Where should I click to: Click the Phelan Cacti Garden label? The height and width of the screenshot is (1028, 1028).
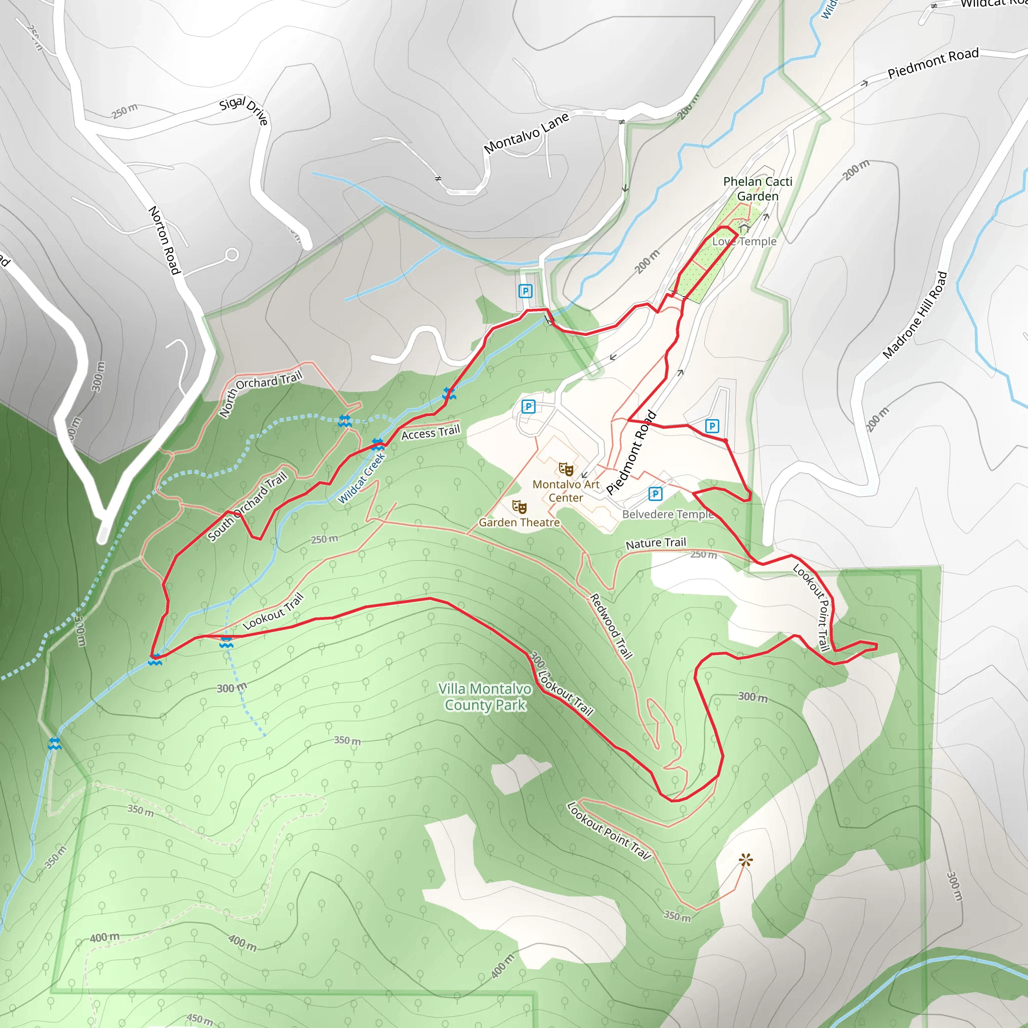click(757, 189)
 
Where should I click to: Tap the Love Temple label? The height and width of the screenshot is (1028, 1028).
click(744, 241)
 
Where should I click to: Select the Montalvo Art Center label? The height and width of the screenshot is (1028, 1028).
click(566, 491)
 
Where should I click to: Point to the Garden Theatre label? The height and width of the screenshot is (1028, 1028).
click(519, 523)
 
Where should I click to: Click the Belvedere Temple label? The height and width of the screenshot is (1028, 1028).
click(667, 515)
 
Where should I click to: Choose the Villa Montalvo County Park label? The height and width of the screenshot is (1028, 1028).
click(485, 697)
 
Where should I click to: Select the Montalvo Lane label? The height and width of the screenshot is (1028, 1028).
click(526, 133)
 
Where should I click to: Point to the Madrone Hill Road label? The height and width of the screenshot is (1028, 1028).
click(915, 315)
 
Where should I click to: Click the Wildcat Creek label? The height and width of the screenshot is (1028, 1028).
click(361, 478)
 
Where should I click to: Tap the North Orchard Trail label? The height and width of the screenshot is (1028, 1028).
click(260, 393)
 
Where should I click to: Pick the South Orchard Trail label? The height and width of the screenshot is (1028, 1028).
click(247, 506)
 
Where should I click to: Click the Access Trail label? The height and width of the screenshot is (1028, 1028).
click(430, 433)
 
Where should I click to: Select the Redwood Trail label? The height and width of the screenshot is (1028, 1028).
click(611, 626)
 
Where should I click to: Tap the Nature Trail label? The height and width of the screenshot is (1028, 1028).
click(656, 543)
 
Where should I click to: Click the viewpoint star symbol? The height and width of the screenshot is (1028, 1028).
click(745, 860)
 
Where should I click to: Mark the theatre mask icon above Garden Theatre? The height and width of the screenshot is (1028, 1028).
click(519, 506)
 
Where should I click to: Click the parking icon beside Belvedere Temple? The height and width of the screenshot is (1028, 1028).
click(656, 494)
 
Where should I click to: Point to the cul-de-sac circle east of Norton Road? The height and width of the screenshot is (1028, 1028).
click(232, 255)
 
